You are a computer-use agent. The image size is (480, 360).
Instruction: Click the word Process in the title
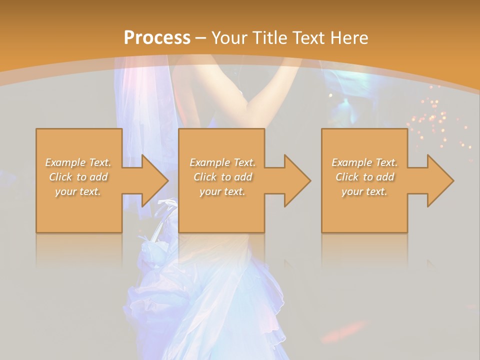(157, 38)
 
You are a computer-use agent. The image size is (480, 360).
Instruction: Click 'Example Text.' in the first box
(78, 162)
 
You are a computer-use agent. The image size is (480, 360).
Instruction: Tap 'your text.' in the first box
(78, 191)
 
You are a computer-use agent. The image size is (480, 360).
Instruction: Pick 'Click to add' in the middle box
(222, 177)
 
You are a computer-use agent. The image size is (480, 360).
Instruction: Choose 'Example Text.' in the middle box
(222, 162)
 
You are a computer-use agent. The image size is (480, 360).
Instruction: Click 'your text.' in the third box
(364, 191)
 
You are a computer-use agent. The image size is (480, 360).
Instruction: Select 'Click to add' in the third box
(364, 177)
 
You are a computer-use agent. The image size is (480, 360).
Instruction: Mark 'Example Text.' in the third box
(364, 162)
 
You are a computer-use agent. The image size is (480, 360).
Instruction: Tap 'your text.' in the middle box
(222, 191)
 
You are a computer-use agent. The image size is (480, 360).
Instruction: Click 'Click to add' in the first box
(78, 177)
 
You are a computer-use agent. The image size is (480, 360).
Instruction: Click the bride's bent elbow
(247, 107)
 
